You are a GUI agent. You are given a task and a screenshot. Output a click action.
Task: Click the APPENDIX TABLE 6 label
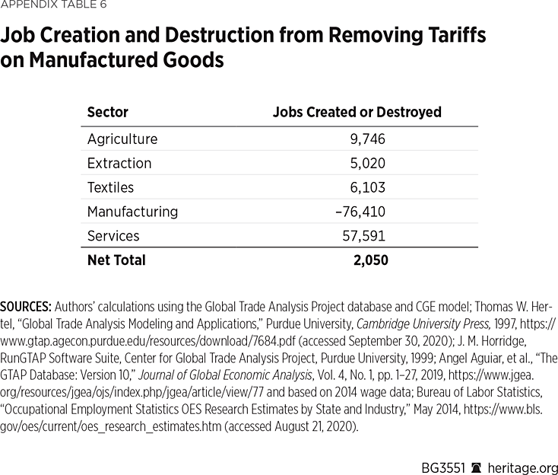tap(53, 5)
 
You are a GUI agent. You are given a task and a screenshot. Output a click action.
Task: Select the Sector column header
tap(108, 112)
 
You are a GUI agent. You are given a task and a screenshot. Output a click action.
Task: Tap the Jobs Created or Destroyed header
tap(357, 112)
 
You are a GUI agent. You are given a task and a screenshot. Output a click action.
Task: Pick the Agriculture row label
tap(122, 139)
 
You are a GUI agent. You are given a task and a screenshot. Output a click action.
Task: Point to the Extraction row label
tap(119, 163)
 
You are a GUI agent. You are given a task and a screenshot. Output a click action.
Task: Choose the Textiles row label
tap(110, 187)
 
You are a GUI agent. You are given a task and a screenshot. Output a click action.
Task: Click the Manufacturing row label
tap(132, 212)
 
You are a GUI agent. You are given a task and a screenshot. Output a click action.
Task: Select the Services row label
tap(113, 236)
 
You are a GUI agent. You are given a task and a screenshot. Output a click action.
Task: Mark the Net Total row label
tap(116, 260)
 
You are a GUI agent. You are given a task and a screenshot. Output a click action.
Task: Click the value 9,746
tap(369, 139)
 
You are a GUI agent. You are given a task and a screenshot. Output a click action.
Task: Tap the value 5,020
tap(369, 163)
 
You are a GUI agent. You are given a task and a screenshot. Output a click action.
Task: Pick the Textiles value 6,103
tap(369, 187)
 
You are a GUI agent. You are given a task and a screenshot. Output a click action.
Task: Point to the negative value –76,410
tap(360, 212)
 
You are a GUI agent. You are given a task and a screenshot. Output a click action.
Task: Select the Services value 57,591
tap(365, 236)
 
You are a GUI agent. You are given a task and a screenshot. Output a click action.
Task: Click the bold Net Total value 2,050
tap(370, 260)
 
